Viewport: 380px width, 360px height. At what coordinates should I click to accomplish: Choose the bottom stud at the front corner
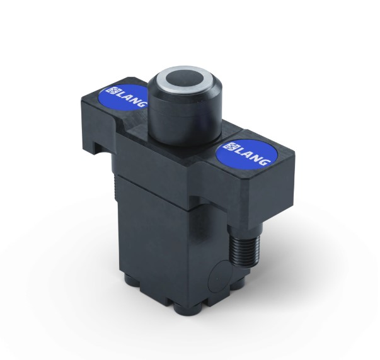tap(186, 309)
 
